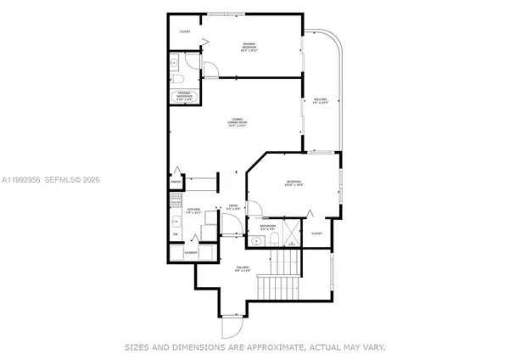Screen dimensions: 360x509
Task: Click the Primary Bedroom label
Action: (249, 48)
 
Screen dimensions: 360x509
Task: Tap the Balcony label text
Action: (320, 102)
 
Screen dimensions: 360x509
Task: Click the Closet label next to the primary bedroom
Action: (185, 32)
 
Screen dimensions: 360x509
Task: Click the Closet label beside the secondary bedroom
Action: (316, 233)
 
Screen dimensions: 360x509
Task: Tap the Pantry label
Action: (177, 182)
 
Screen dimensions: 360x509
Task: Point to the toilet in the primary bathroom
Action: (184, 77)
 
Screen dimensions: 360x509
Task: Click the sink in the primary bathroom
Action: (175, 61)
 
